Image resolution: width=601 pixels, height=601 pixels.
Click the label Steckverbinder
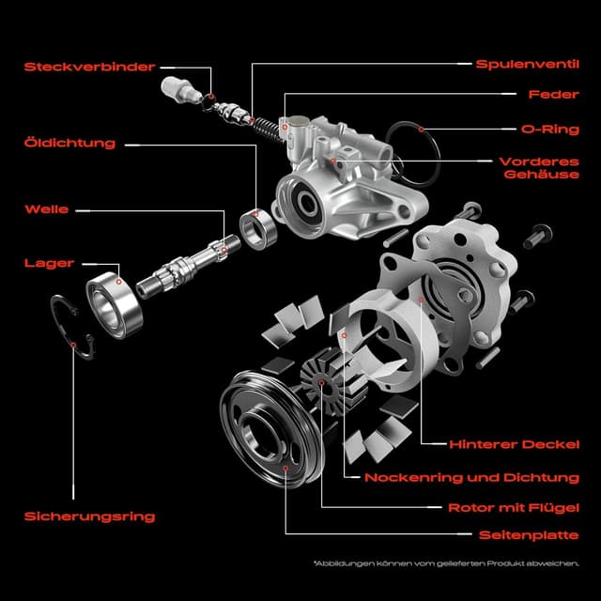point(89,67)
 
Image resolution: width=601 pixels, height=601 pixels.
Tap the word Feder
point(547,95)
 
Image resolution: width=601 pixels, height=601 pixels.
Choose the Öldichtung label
point(70,144)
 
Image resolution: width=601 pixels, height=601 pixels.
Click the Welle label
point(47,208)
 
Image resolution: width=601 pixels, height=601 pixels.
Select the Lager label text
point(49,264)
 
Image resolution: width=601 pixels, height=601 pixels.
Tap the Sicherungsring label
point(90,516)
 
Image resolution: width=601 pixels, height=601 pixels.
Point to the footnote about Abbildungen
point(446,565)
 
